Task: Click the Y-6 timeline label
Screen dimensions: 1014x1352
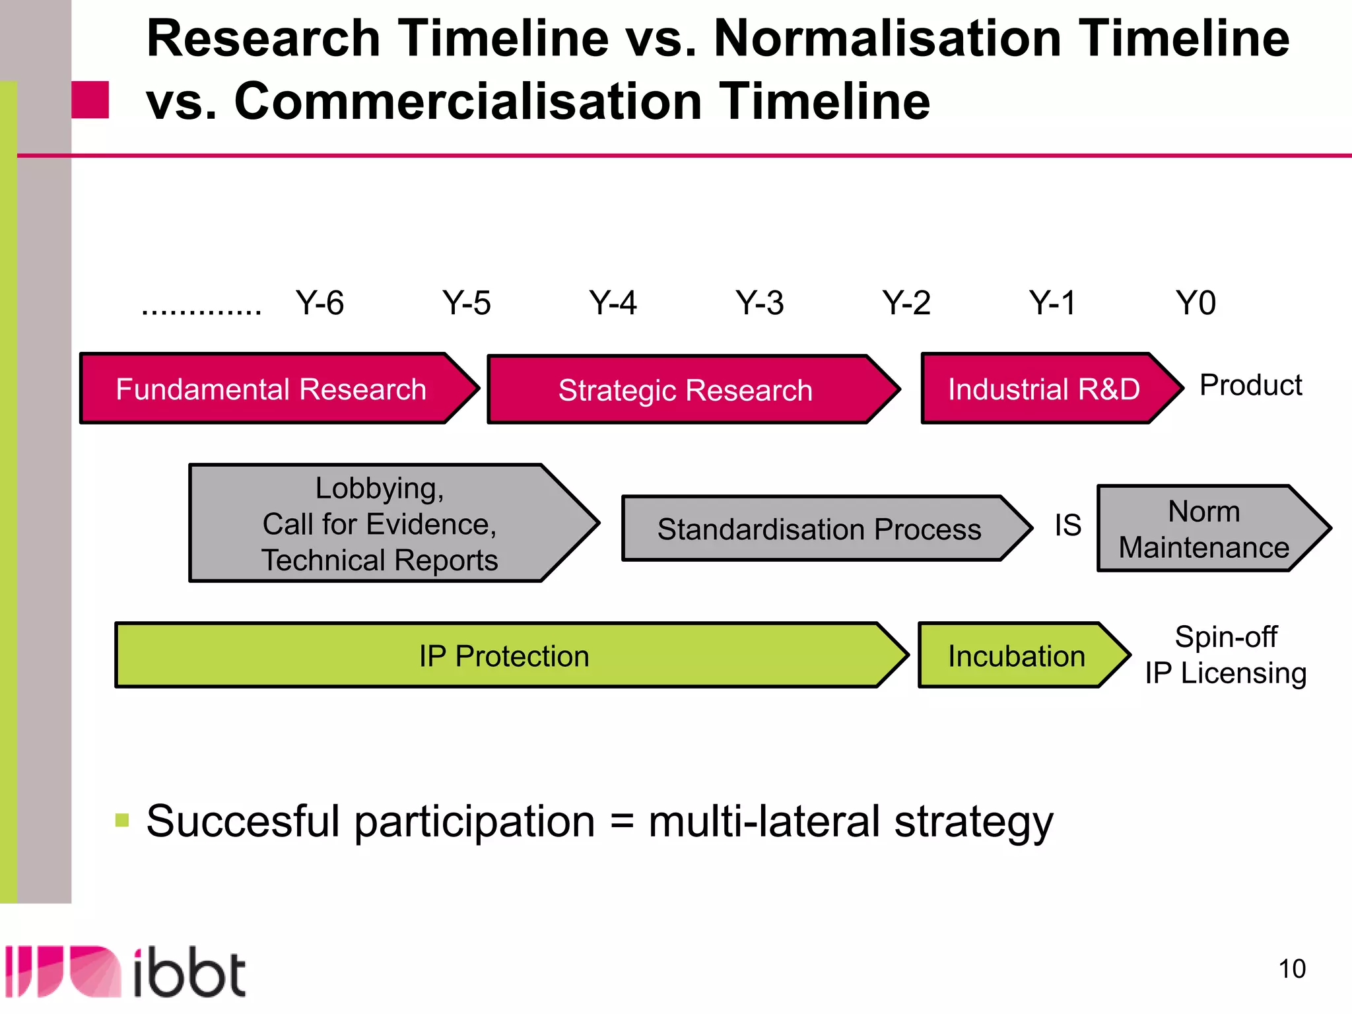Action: coord(320,303)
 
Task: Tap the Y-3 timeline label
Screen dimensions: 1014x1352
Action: coord(759,303)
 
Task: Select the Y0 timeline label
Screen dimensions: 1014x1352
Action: coord(1196,303)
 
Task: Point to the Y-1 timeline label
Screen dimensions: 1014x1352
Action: coord(1052,303)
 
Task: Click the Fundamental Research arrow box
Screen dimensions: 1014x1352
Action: coord(271,389)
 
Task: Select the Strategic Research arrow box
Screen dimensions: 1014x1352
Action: coord(685,390)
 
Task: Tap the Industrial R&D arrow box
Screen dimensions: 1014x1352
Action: coord(1044,389)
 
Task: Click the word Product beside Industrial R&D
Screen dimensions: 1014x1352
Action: coord(1250,385)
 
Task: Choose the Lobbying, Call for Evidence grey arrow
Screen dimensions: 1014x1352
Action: coord(380,524)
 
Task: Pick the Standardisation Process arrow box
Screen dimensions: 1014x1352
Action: coord(819,529)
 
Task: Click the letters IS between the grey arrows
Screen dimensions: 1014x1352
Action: coord(1067,525)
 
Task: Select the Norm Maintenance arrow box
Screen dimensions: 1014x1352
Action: coord(1203,529)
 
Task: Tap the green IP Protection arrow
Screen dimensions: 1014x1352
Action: coord(504,656)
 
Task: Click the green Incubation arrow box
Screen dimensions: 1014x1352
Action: coord(1017,656)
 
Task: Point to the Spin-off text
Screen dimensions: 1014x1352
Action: coord(1225,637)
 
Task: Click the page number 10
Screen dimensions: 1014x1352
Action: coord(1291,969)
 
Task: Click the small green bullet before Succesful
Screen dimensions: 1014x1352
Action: coord(121,821)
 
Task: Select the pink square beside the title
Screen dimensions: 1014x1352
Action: coord(90,100)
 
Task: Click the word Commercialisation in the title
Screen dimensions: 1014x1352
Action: coord(468,102)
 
